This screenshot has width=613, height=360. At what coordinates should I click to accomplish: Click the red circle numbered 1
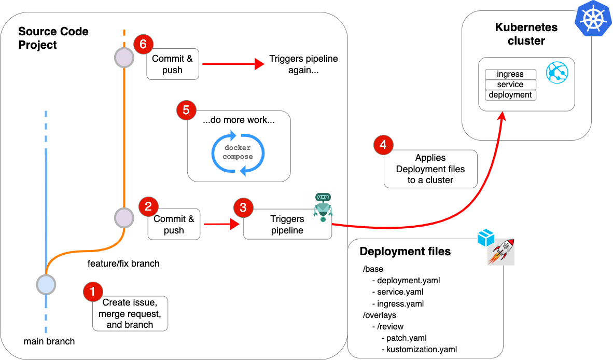[x=93, y=292]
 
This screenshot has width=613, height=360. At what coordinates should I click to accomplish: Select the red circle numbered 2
[x=148, y=207]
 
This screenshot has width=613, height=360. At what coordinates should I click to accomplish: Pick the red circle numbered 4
[x=383, y=145]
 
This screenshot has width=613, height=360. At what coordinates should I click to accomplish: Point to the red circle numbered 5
[x=186, y=110]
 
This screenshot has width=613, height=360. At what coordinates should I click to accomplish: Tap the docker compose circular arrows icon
[x=238, y=154]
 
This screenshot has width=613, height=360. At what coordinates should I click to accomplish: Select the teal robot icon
[x=323, y=206]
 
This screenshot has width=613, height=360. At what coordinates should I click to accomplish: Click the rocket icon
[x=501, y=252]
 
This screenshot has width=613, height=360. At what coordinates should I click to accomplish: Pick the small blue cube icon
[x=485, y=238]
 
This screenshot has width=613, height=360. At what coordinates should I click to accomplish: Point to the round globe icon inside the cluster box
[x=557, y=72]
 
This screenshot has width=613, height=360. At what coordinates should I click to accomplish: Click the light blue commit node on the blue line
[x=46, y=284]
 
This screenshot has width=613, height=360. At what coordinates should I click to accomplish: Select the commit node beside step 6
[x=124, y=58]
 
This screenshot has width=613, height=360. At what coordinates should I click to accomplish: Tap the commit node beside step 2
[x=124, y=218]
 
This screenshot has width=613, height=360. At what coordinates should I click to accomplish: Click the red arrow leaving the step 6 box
[x=233, y=64]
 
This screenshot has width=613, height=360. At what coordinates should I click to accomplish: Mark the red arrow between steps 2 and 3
[x=221, y=224]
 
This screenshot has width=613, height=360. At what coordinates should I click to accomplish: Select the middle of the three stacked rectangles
[x=510, y=85]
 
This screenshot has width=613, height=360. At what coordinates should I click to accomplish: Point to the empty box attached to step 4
[x=430, y=169]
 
